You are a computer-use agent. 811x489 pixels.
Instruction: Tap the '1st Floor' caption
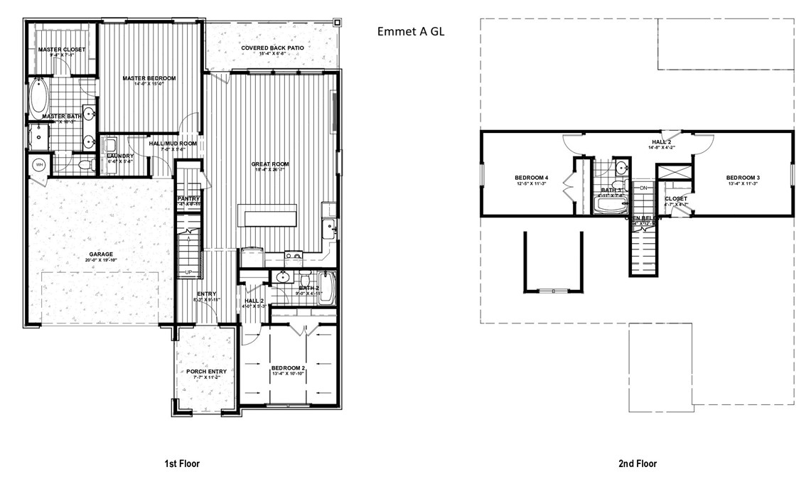(x=182, y=463)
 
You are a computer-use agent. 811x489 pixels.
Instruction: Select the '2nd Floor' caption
(x=637, y=463)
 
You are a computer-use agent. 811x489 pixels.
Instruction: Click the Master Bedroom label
(x=149, y=78)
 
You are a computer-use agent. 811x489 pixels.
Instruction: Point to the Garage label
(x=101, y=254)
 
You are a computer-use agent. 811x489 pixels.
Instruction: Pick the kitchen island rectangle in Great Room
(x=270, y=215)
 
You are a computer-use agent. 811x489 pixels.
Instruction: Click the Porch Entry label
(x=206, y=372)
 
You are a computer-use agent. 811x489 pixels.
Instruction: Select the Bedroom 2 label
(x=288, y=367)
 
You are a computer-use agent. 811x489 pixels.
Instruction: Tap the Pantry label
(x=188, y=199)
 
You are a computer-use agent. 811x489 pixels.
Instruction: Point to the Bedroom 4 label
(x=531, y=177)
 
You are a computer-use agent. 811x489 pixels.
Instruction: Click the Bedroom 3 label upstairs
(x=743, y=177)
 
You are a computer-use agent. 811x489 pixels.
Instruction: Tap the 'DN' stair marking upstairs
(x=644, y=188)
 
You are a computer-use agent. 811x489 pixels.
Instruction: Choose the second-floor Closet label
(x=675, y=198)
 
